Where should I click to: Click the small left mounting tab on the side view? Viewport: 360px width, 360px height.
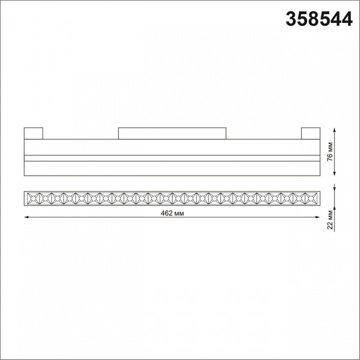coord(33,133)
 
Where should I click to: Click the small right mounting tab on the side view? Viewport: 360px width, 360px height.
coord(310,133)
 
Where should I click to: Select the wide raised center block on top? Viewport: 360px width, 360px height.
coord(172,133)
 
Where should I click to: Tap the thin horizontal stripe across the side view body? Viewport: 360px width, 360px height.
coord(171,158)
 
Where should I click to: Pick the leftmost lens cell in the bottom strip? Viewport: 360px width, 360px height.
coord(31,198)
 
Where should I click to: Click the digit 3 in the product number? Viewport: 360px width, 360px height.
coord(290,19)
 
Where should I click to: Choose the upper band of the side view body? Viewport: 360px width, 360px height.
coord(171,147)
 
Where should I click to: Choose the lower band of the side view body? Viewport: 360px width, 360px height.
coord(171,168)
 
